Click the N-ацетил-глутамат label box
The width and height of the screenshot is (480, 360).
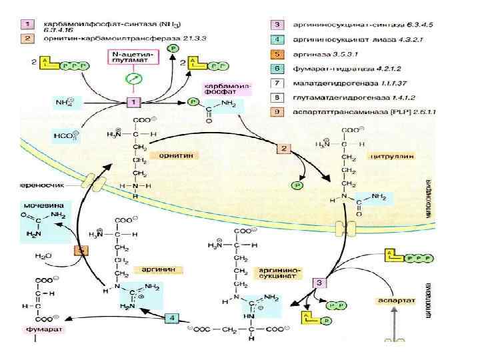(132, 56)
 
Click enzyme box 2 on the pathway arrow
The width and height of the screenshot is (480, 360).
(283, 148)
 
